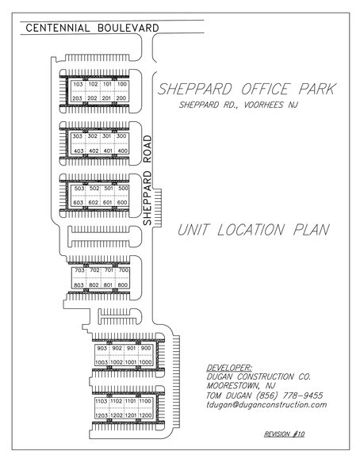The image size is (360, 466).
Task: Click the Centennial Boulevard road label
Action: coord(93,29)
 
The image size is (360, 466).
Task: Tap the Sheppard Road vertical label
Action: coord(148,180)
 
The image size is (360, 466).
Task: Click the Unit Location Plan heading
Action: coord(253,230)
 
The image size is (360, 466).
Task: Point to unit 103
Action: coord(78,84)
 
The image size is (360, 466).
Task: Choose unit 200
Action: coord(122,98)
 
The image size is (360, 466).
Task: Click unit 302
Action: coord(93,136)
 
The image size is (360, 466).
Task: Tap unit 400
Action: coord(122,151)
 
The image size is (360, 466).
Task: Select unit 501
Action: coord(108,189)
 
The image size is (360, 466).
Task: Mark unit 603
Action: coord(78,203)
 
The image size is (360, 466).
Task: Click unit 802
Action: coord(93,285)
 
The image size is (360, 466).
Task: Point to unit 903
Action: coord(101,348)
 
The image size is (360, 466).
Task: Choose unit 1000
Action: coord(146,362)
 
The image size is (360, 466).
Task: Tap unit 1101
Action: coord(131,402)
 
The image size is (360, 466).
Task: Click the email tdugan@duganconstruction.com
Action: coord(266,404)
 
